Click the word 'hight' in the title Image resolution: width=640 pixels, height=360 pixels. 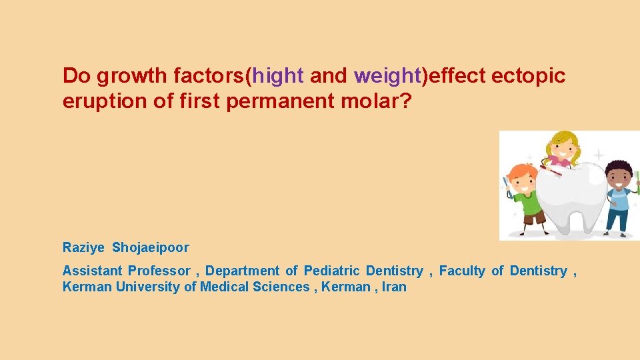(278, 77)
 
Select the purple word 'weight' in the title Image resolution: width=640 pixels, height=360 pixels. (386, 77)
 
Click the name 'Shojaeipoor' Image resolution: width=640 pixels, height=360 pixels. (151, 248)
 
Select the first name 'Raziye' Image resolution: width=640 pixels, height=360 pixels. (83, 248)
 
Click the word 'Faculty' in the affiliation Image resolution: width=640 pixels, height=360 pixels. (462, 271)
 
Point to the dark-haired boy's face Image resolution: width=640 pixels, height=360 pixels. (618, 177)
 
